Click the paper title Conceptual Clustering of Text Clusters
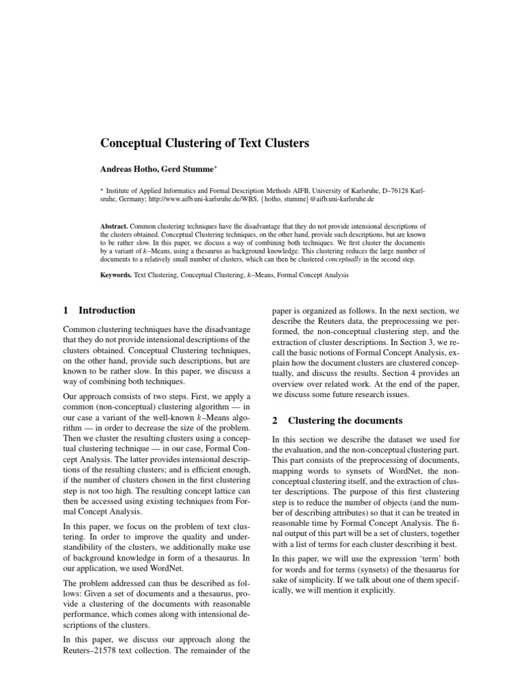tap(205, 143)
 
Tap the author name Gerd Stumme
tap(191, 169)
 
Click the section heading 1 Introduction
tap(99, 310)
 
